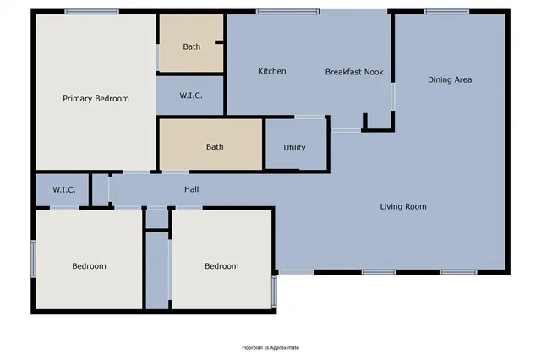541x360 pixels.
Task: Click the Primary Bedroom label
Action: coord(96,99)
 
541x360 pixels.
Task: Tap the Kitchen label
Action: coord(271,72)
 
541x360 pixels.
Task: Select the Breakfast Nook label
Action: coord(354,72)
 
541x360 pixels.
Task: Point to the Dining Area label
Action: coord(450,79)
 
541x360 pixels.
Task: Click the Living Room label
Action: coord(402,206)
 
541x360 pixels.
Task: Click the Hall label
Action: coord(192,189)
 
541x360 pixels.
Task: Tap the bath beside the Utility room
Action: coord(215,147)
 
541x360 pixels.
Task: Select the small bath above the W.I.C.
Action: coord(192,46)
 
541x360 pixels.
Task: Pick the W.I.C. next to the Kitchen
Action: coord(191,95)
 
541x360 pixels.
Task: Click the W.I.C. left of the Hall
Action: coord(64,190)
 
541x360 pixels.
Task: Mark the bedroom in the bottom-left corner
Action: coord(89,266)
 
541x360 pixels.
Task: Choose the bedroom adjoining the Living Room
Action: coord(221,266)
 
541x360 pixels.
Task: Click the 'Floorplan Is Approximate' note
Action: coord(270,347)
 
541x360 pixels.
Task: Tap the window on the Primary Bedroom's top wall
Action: coord(91,12)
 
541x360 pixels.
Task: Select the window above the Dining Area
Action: coord(447,12)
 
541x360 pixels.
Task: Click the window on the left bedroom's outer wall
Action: coord(34,259)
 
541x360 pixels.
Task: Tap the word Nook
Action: coord(373,72)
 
